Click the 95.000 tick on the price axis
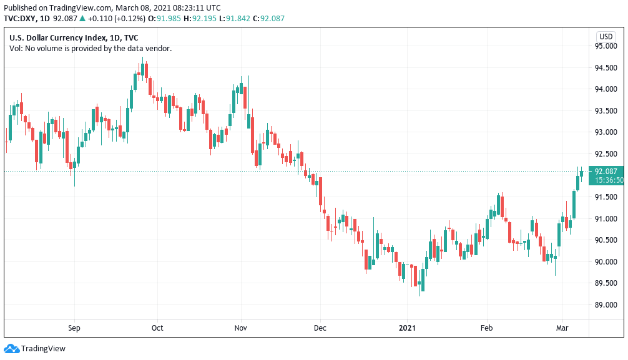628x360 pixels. coord(605,46)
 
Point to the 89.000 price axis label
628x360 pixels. coord(605,305)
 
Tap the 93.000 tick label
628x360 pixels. coord(605,132)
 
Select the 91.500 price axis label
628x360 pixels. coord(605,197)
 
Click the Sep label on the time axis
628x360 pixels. coord(74,328)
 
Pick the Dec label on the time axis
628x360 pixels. coord(320,328)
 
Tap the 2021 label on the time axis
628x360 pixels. coord(407,328)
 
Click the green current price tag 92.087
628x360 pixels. coord(606,172)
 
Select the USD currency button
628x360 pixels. coord(606,36)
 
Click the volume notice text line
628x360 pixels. coord(91,48)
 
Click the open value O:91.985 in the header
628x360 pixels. coord(169,18)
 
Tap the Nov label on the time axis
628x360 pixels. coord(241,328)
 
